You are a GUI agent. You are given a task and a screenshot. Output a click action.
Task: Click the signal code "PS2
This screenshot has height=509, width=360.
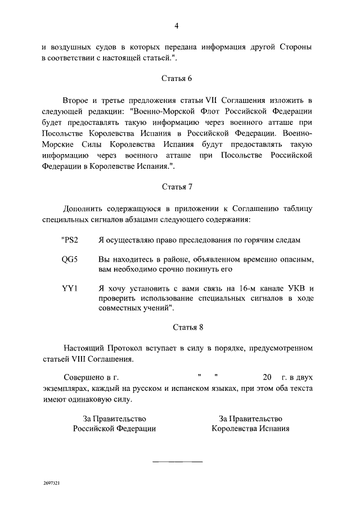[x=69, y=240]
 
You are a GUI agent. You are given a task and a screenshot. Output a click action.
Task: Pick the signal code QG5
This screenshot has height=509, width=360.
[x=70, y=260]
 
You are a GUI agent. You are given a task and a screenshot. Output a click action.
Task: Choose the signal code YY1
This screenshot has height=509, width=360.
[x=70, y=289]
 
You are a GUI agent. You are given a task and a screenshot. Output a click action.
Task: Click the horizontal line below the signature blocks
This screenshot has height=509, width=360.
[x=177, y=462]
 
